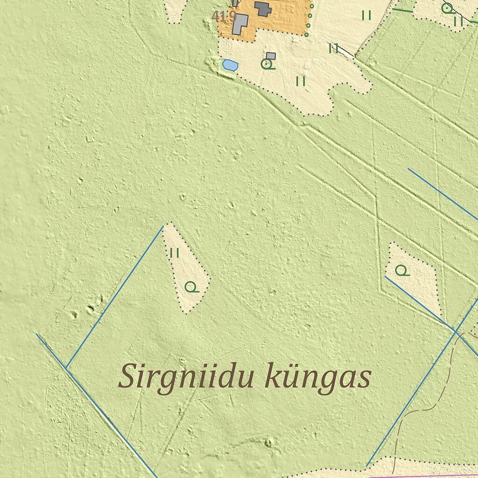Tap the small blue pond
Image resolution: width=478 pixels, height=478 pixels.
pyautogui.click(x=230, y=65)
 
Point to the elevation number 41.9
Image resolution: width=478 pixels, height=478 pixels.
pyautogui.click(x=224, y=17)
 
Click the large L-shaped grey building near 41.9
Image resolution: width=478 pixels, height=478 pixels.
pyautogui.click(x=240, y=23)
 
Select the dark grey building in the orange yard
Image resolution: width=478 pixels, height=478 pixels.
pyautogui.click(x=263, y=8)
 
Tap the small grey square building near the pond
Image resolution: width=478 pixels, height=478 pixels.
pyautogui.click(x=271, y=56)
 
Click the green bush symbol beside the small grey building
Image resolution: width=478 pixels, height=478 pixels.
pyautogui.click(x=267, y=64)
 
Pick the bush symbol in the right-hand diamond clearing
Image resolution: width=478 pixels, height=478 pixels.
pyautogui.click(x=401, y=270)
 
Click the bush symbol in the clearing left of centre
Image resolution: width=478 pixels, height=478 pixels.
pyautogui.click(x=190, y=287)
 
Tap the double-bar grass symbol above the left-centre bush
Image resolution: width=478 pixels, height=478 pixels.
pyautogui.click(x=175, y=253)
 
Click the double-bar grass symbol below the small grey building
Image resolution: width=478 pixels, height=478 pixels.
pyautogui.click(x=301, y=81)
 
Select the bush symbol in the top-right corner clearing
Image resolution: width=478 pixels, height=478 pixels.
pyautogui.click(x=447, y=7)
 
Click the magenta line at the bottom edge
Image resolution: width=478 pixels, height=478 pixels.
pyautogui.click(x=420, y=476)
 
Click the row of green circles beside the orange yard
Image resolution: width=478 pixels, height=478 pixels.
pyautogui.click(x=309, y=19)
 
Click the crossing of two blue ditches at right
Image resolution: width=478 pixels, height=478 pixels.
pyautogui.click(x=455, y=330)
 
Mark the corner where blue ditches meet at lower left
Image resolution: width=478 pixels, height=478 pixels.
pyautogui.click(x=67, y=369)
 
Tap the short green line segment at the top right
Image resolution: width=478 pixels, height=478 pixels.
pyautogui.click(x=402, y=10)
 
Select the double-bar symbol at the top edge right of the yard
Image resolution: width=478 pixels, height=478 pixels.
pyautogui.click(x=366, y=15)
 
